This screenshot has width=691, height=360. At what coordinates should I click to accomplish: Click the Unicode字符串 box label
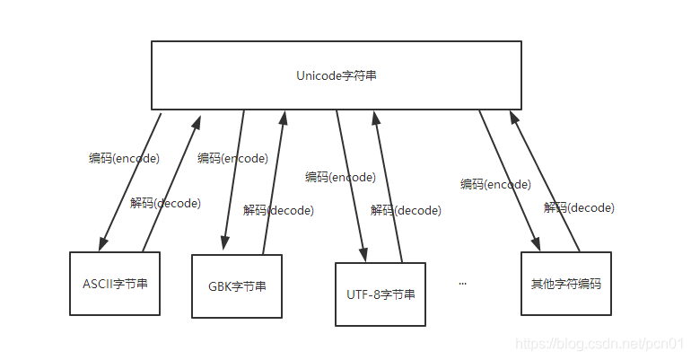337,76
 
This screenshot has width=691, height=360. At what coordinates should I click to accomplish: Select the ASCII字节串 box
115,284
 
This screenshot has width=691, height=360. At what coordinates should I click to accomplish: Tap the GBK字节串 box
237,286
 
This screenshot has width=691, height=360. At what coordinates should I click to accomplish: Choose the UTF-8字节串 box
380,294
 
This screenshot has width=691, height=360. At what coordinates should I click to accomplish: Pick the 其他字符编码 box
565,284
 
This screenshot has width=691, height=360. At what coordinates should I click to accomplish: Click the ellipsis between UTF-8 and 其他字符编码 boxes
463,283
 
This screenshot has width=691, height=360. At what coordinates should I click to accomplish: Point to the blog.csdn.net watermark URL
596,343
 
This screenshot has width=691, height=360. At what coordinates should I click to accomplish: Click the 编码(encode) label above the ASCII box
124,158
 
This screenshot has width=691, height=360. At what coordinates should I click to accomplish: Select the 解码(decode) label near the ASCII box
165,203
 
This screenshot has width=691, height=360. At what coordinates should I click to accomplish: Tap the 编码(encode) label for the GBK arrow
232,158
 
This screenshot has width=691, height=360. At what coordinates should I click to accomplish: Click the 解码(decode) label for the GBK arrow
278,210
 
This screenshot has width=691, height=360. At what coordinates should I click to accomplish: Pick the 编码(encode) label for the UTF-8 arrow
340,177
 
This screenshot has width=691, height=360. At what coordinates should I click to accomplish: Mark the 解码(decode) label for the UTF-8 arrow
406,210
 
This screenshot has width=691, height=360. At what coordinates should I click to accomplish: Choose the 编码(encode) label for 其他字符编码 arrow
495,184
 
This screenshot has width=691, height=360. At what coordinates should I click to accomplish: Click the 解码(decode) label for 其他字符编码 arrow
579,207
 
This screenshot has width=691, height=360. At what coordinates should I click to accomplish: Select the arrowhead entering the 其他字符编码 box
537,245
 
